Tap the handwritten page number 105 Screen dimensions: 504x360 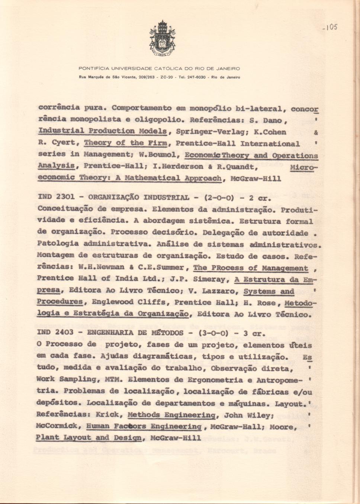[331, 27]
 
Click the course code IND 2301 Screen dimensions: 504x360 [56, 197]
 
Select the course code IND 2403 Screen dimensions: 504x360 [55, 332]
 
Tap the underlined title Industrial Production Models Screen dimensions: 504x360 [103, 131]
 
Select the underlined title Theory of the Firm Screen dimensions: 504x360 [125, 143]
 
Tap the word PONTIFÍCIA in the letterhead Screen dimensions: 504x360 [94, 68]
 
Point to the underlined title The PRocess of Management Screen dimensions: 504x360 [251, 268]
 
